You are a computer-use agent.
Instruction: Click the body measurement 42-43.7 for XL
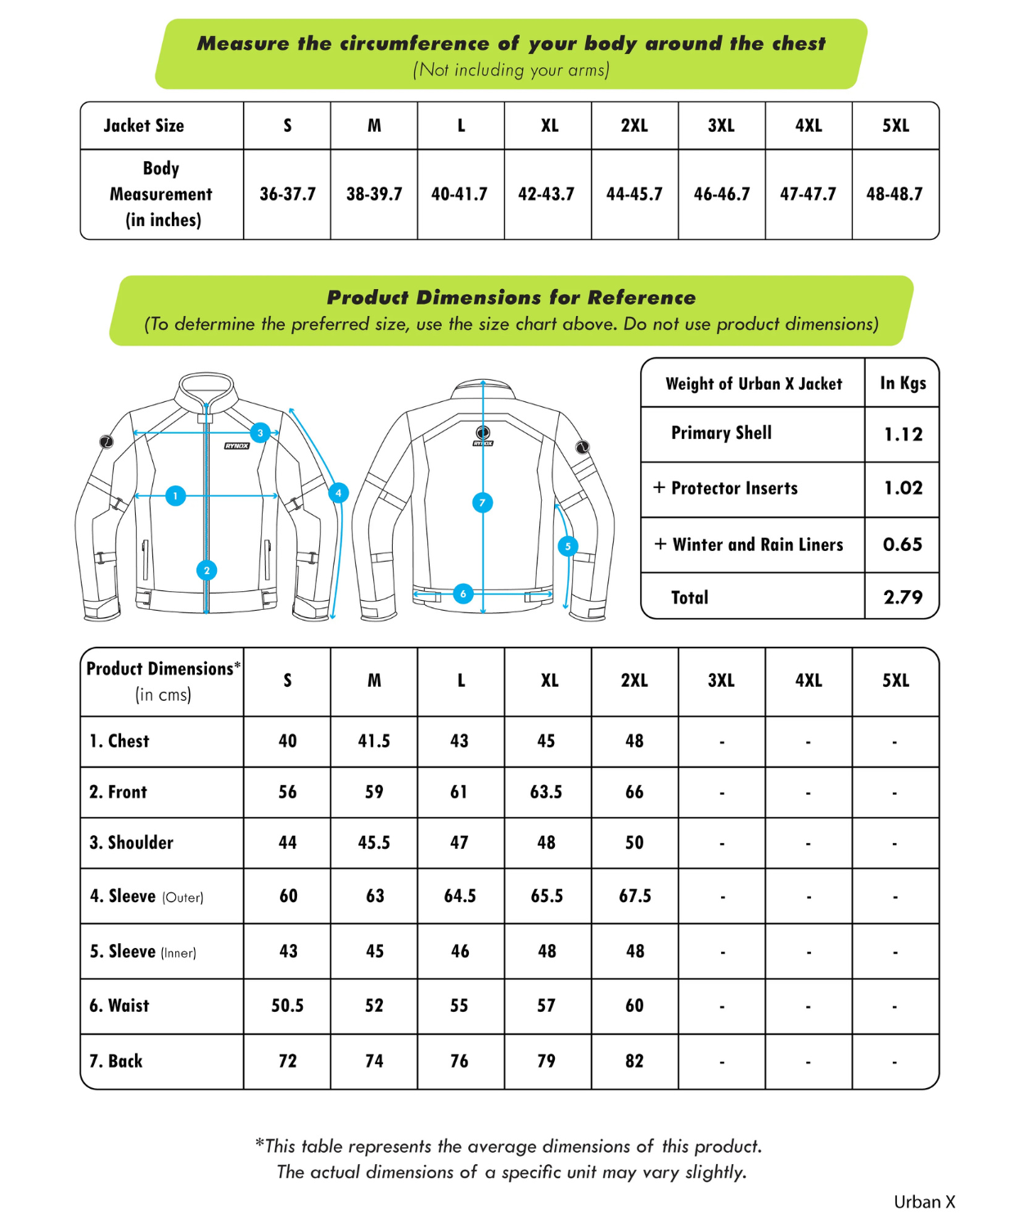(546, 194)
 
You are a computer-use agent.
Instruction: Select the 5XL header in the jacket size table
(895, 125)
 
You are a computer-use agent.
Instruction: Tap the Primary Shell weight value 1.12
(903, 434)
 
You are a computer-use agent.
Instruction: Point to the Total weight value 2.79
(903, 597)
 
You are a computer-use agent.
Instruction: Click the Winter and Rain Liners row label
(757, 544)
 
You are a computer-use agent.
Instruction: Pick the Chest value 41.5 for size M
(374, 741)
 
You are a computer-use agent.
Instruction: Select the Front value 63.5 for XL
(546, 792)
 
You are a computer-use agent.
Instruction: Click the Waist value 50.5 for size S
(287, 1005)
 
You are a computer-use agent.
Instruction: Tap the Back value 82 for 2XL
(634, 1061)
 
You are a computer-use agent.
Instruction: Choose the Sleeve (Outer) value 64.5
(460, 896)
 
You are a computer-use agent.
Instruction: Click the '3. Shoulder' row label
(131, 842)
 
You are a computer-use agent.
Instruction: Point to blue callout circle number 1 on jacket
(175, 495)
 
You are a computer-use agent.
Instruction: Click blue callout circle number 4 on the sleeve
(338, 493)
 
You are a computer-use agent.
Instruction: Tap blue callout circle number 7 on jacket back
(482, 503)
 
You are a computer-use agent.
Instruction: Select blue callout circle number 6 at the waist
(463, 594)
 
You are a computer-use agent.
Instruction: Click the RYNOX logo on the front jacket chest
(237, 446)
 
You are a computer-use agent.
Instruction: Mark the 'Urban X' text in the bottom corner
(924, 1202)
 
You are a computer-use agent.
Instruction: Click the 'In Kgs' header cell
(903, 383)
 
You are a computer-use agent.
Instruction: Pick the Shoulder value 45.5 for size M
(374, 842)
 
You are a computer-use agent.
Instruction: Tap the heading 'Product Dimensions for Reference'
(511, 297)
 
